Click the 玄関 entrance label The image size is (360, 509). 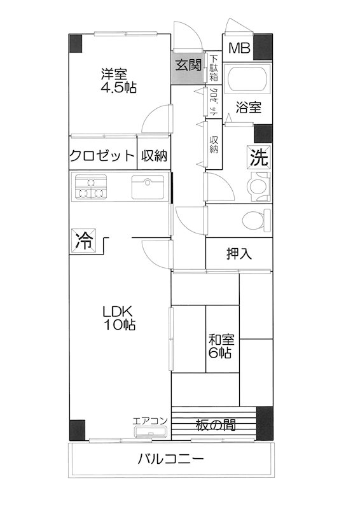(x=189, y=65)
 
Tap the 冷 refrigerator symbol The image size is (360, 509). (x=82, y=241)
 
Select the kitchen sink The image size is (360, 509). (x=148, y=187)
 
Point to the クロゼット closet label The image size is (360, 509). (x=102, y=156)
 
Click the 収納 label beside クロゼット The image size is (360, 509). (x=155, y=156)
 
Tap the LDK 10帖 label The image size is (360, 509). (x=119, y=318)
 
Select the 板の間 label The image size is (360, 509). (x=214, y=424)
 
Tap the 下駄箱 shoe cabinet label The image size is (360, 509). (x=213, y=66)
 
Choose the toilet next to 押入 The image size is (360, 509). (x=256, y=220)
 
